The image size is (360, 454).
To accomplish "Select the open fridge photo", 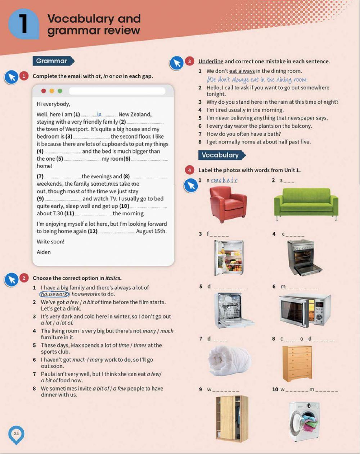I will click(229, 257).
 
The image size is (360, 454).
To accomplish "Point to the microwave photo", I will click(305, 309).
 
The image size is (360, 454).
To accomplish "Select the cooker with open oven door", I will click(305, 258).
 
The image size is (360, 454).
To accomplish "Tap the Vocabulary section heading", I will click(220, 155).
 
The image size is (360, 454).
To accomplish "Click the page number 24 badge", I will click(16, 434).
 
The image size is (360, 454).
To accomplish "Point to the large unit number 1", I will click(24, 24).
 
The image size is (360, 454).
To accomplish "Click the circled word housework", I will click(54, 294).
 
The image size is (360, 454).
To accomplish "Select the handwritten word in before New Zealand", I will click(99, 114).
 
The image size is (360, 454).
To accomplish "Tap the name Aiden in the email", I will click(44, 252).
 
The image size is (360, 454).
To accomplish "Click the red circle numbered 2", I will click(24, 278).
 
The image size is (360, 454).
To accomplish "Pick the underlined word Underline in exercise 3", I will click(211, 61).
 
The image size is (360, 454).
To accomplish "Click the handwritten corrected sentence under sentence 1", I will click(257, 79).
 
